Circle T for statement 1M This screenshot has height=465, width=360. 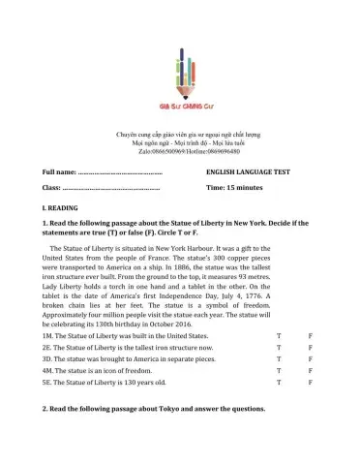pos(279,334)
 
